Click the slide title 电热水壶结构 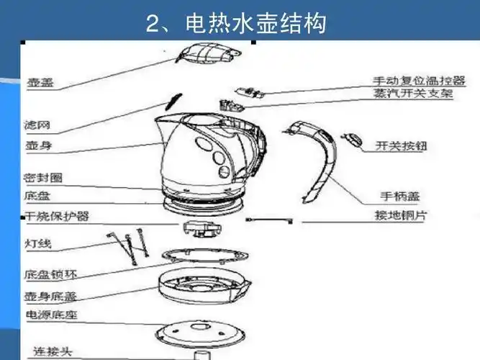click(x=236, y=24)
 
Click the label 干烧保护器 click(x=57, y=216)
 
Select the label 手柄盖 click(x=399, y=195)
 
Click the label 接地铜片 click(x=400, y=215)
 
